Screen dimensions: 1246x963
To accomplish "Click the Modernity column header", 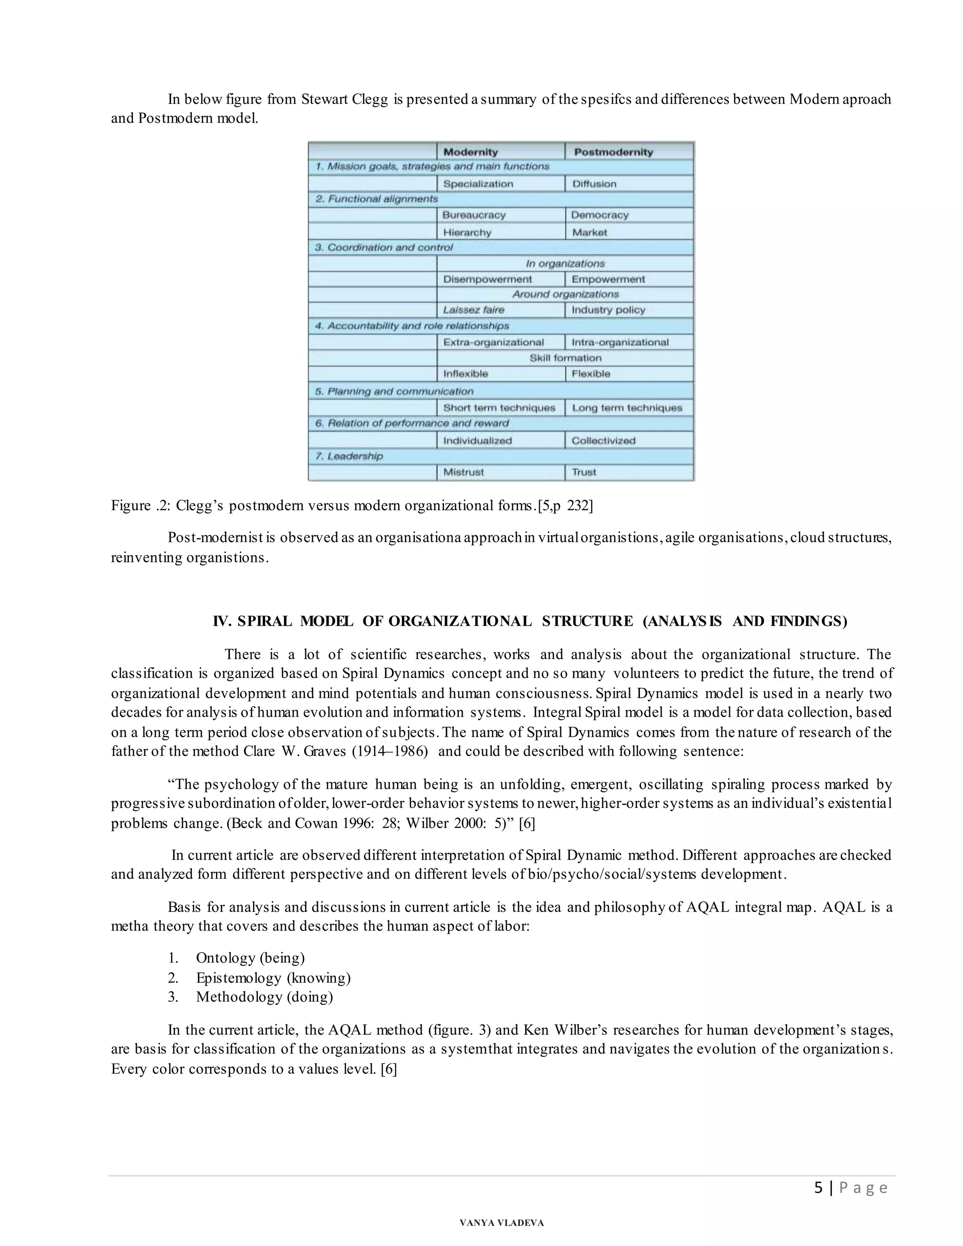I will (x=471, y=152).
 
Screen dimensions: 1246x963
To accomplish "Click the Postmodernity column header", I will (x=613, y=152).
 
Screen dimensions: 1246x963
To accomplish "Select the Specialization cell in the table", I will (x=478, y=184).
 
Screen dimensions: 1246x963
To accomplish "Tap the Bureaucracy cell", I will (x=474, y=215).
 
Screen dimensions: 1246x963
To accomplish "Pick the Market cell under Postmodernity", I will (x=589, y=232).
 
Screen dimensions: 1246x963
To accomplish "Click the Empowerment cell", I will (x=608, y=279).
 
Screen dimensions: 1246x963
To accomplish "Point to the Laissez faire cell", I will (x=474, y=310).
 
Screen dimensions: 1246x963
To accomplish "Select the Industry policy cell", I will (x=608, y=310).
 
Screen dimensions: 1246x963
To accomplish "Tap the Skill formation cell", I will (x=565, y=358).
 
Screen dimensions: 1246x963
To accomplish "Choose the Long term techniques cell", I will (x=626, y=408).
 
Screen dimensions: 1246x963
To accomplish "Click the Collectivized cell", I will (x=603, y=441).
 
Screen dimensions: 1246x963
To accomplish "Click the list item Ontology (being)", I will (x=250, y=958).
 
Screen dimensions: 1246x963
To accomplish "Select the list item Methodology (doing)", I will (x=264, y=997).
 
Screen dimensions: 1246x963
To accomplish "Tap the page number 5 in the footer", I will (x=818, y=1188).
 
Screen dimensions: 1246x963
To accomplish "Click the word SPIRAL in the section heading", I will (x=264, y=621).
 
